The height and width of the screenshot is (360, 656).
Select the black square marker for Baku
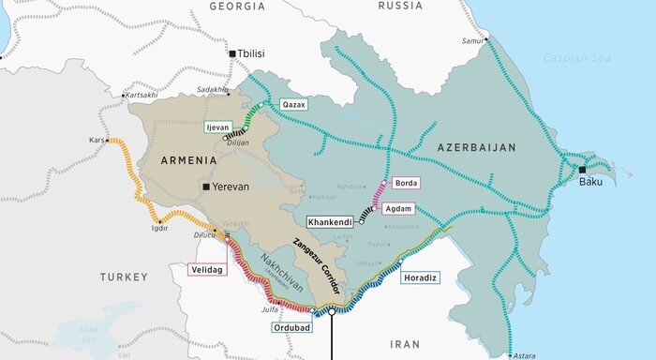pos(582,170)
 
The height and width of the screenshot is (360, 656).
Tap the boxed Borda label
pos(407,183)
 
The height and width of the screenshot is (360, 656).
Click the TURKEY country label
pos(125,277)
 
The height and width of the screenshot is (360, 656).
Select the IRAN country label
pos(405,344)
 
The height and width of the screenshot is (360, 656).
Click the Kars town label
pos(97,140)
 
